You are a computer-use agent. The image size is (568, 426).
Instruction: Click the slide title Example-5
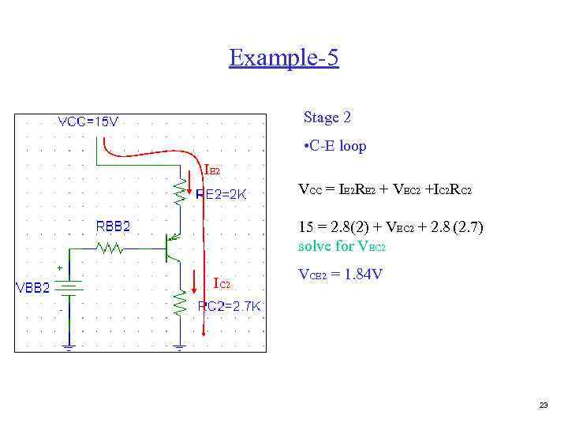[x=284, y=58]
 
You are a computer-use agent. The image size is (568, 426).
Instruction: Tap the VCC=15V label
[x=88, y=122]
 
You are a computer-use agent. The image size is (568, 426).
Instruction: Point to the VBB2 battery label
[x=34, y=287]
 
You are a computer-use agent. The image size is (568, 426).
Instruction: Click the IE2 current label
[x=212, y=170]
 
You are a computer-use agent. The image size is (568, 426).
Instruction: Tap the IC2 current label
[x=222, y=283]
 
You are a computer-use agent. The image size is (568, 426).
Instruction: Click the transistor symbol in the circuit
[x=171, y=247]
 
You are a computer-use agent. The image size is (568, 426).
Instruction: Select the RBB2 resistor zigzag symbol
[x=108, y=248]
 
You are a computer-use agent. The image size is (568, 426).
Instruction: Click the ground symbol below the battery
[x=69, y=345]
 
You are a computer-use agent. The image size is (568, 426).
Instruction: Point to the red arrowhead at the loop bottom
[x=204, y=331]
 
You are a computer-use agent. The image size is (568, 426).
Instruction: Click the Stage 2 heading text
[x=327, y=118]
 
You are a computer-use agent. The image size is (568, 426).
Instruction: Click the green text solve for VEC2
[x=342, y=246]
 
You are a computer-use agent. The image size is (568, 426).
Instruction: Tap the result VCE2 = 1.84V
[x=340, y=275]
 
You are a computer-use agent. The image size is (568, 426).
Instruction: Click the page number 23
[x=543, y=405]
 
